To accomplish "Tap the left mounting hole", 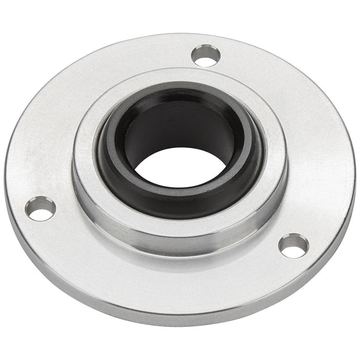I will [40, 209].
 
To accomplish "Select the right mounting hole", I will [294, 245].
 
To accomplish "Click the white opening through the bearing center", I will [179, 167].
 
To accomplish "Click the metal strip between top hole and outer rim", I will [210, 42].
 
